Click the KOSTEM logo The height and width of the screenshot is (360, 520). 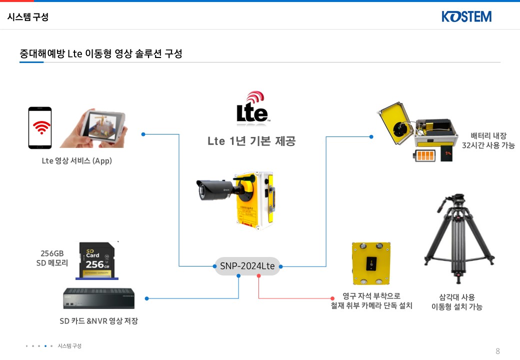pyautogui.click(x=466, y=16)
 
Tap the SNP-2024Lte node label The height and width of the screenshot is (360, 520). pyautogui.click(x=247, y=266)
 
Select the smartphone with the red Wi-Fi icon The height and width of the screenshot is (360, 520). pyautogui.click(x=40, y=127)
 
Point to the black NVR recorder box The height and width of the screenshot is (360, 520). pyautogui.click(x=98, y=298)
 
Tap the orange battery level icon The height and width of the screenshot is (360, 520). pyautogui.click(x=425, y=155)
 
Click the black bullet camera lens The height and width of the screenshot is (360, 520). pyautogui.click(x=202, y=189)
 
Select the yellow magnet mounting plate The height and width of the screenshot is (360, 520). pyautogui.click(x=370, y=263)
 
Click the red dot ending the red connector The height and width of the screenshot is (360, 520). pyautogui.click(x=332, y=298)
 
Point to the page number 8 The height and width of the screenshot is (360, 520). pyautogui.click(x=497, y=351)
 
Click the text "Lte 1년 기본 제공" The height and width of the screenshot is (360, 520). pyautogui.click(x=251, y=141)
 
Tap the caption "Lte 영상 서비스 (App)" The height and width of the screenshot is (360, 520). pyautogui.click(x=76, y=161)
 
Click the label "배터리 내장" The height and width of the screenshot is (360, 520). pyautogui.click(x=488, y=135)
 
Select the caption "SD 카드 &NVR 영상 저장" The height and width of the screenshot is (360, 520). pyautogui.click(x=98, y=321)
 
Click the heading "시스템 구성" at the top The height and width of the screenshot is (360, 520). pyautogui.click(x=28, y=17)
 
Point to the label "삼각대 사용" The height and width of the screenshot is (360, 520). pyautogui.click(x=456, y=297)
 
